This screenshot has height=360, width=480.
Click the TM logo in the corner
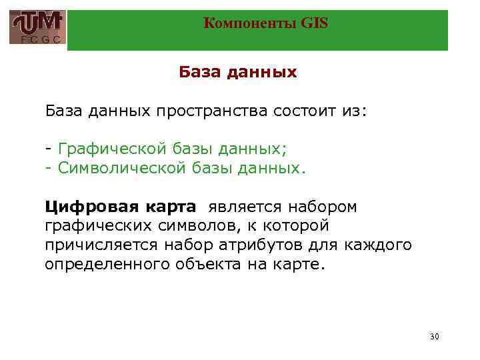point(38,27)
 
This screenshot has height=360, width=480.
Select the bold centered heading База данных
point(238,72)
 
